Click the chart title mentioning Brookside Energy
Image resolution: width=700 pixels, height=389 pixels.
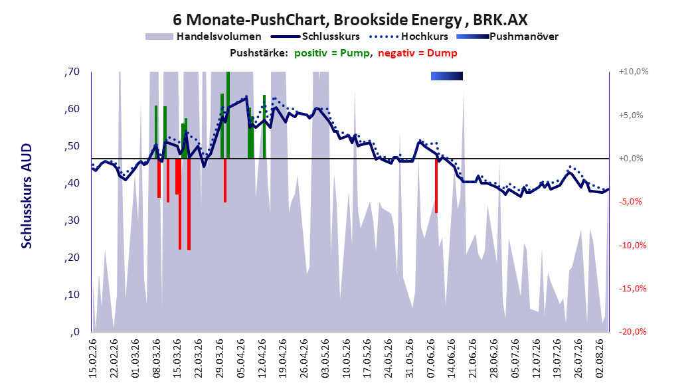pos(350,20)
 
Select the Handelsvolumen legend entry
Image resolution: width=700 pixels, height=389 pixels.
pos(203,37)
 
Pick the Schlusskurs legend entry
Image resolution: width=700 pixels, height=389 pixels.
pos(315,37)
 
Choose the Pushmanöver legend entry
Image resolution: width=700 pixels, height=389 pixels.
pos(507,37)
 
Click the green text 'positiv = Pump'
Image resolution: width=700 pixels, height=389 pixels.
pos(331,53)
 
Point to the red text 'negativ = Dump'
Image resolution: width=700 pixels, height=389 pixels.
pos(418,53)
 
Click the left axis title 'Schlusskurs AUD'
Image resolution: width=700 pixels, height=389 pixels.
pos(27,196)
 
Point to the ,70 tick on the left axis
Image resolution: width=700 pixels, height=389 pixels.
pos(72,72)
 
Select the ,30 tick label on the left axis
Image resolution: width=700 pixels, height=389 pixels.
pos(72,220)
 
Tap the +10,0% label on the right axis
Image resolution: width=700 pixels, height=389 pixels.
pos(634,72)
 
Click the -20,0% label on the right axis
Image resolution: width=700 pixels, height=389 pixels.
pos(632,331)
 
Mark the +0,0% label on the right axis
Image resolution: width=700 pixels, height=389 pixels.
pos(631,159)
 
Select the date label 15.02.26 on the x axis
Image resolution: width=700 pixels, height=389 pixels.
pos(93,358)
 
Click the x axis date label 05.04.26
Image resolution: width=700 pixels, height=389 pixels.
pos(240,358)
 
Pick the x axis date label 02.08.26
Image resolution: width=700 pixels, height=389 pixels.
pos(600,358)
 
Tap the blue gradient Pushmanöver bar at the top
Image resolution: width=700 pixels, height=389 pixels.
pos(447,76)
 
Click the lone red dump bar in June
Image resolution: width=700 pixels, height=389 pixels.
pos(436,186)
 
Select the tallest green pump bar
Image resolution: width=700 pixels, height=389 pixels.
pos(228,115)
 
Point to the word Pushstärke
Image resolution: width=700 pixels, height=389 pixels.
pos(259,53)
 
